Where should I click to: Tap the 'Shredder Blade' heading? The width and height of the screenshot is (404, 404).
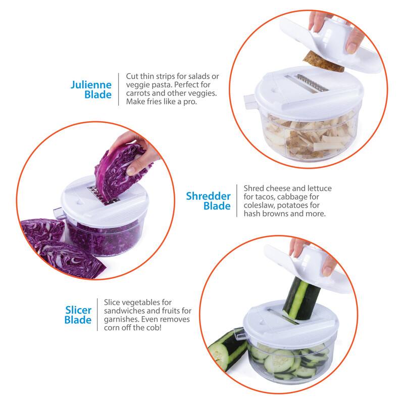208,200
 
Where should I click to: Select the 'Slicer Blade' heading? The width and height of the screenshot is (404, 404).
78,314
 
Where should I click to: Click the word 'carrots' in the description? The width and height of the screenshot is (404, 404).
138,93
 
